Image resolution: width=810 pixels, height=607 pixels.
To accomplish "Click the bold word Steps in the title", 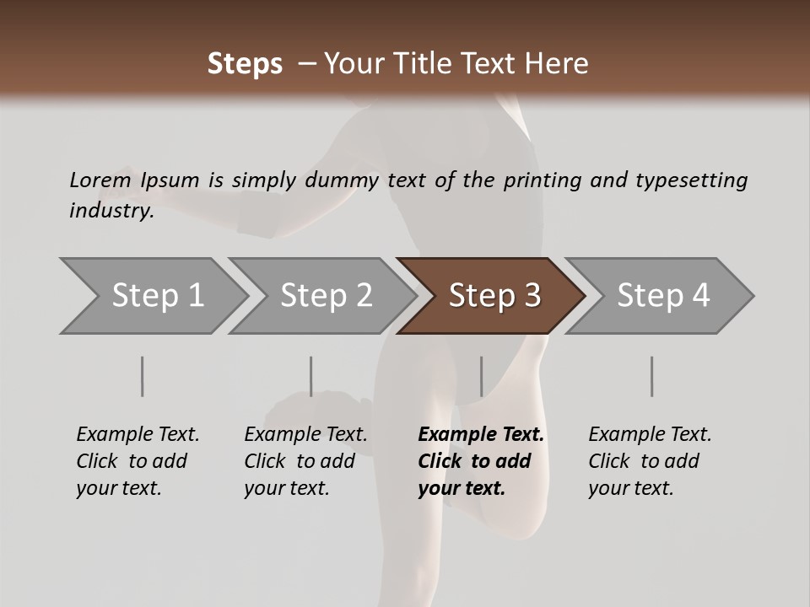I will tap(245, 64).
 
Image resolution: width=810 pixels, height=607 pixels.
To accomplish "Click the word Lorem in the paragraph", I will tap(100, 180).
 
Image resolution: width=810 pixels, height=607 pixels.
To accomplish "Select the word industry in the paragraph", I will tap(111, 211).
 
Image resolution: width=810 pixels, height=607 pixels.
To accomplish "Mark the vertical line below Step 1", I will tap(143, 376).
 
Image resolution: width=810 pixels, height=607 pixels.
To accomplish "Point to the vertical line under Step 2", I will tap(311, 376).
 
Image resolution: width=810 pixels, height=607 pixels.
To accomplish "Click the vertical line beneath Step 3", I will tap(481, 376).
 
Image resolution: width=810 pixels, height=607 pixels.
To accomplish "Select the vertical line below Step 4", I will tap(651, 376).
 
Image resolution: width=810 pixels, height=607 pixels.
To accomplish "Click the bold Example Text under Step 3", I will tap(481, 434).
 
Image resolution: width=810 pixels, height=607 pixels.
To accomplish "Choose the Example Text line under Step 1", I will tap(138, 434).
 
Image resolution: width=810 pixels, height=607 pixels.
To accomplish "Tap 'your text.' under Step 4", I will tap(630, 488).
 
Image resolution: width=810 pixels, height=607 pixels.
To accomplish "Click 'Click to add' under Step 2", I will tap(300, 461).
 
